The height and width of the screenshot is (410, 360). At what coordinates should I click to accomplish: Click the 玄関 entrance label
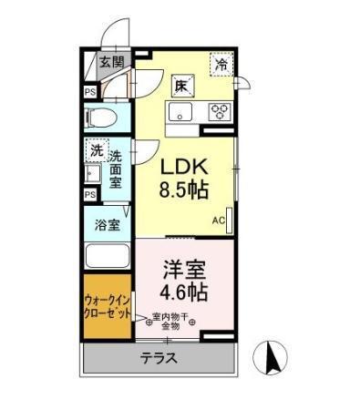[111, 62]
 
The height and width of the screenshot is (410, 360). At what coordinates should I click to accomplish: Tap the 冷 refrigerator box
[221, 64]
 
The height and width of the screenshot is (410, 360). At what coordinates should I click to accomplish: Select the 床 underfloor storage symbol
[181, 86]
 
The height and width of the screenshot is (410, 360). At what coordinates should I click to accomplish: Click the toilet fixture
[104, 118]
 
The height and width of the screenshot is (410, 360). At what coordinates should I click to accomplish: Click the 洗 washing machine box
[96, 149]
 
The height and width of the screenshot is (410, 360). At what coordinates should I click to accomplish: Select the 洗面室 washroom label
[115, 169]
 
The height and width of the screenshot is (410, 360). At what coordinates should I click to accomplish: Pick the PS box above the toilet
[89, 91]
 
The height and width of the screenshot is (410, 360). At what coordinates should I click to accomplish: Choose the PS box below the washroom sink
[89, 194]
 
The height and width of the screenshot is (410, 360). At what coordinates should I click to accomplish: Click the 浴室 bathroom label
[108, 224]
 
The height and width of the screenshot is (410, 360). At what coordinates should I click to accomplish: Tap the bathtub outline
[108, 255]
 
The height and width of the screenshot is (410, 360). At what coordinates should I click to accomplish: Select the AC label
[219, 220]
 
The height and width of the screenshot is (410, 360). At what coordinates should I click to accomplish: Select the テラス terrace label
[159, 358]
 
